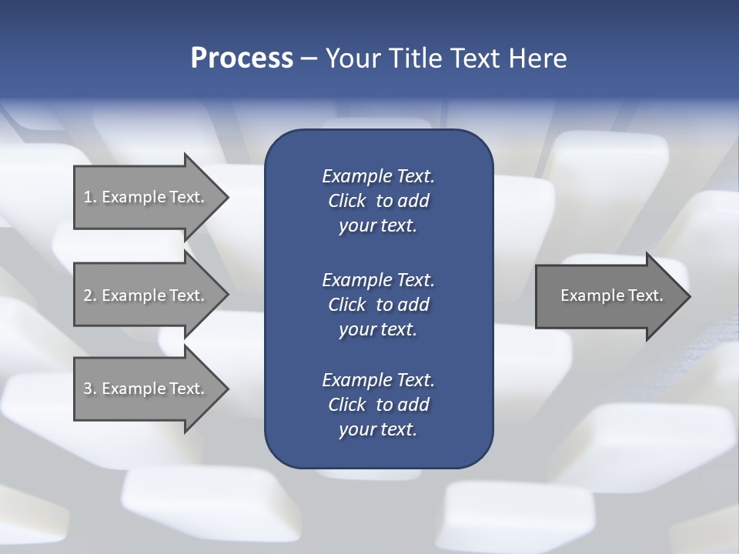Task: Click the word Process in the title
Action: pyautogui.click(x=242, y=58)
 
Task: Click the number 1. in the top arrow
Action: pyautogui.click(x=89, y=197)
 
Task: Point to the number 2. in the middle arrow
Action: pyautogui.click(x=89, y=295)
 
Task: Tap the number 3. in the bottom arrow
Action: pyautogui.click(x=89, y=389)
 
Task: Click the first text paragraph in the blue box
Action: pyautogui.click(x=378, y=201)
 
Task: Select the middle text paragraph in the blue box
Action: pyautogui.click(x=378, y=304)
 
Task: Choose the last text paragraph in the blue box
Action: pyautogui.click(x=378, y=405)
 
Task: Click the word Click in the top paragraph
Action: pyautogui.click(x=347, y=201)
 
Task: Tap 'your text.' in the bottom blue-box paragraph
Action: pyautogui.click(x=378, y=429)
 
